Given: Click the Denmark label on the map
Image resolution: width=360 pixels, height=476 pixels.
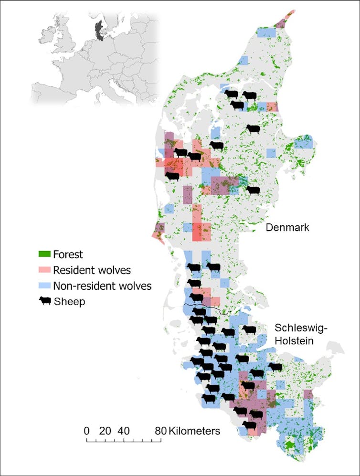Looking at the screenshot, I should [x=287, y=228].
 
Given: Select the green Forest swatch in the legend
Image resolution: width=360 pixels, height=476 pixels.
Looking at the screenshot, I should [x=45, y=254].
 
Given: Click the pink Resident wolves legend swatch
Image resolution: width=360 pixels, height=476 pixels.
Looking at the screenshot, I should [x=45, y=270].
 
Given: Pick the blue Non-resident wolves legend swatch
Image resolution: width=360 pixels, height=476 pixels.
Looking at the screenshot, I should [x=45, y=286].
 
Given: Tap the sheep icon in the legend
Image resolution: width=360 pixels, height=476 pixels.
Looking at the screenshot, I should [x=45, y=302].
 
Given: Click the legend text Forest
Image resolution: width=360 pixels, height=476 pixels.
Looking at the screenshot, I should [x=68, y=254].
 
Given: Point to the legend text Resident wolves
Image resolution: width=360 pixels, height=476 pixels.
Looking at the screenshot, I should [x=92, y=270].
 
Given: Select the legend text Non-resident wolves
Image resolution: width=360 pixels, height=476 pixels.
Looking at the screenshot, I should [x=102, y=286].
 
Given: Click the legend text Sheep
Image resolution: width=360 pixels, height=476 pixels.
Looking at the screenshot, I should [x=69, y=302].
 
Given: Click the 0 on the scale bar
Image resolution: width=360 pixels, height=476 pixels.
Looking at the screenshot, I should [x=86, y=431].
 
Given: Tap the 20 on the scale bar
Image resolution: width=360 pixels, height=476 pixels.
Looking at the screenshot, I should [x=105, y=431].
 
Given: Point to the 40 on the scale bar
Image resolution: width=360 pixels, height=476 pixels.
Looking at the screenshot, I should [x=124, y=431].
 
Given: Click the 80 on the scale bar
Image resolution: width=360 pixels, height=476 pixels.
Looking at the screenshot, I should [x=161, y=431].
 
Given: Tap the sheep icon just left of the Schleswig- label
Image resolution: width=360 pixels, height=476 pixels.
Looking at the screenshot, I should [x=249, y=330].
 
